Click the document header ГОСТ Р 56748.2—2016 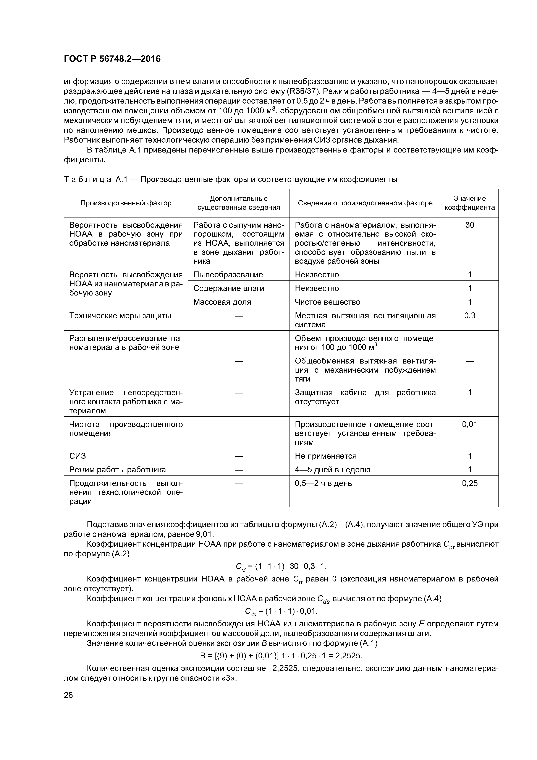(x=112, y=59)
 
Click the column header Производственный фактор (x=126, y=203)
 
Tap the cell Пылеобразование (x=228, y=274)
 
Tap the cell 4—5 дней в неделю (x=332, y=470)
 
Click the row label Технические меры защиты (x=120, y=315)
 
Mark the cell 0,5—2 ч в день (x=323, y=483)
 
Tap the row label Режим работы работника (x=117, y=470)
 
